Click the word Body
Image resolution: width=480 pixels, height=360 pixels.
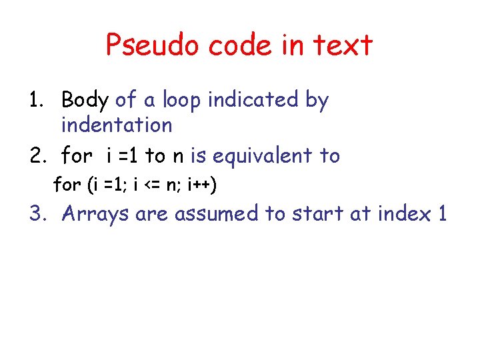85,101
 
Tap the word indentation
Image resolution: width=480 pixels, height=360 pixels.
117,125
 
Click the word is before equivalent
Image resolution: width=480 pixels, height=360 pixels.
198,156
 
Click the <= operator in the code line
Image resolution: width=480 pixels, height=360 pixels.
148,185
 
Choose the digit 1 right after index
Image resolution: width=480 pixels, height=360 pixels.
441,214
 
